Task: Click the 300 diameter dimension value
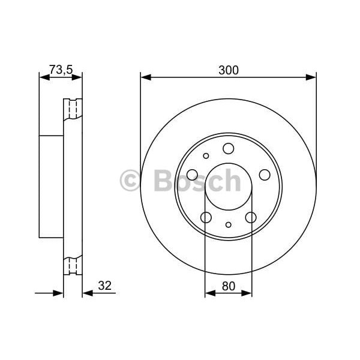coord(229,70)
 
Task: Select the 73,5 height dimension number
coord(61,70)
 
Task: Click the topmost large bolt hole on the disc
coord(228,148)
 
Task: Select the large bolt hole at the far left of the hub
coord(193,175)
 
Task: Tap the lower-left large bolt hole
coord(206,217)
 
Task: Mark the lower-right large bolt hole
coord(251,217)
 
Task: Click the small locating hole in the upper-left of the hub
coord(206,156)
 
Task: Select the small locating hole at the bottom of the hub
coord(229,225)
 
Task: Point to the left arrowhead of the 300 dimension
coord(144,77)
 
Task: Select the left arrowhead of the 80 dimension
coord(209,293)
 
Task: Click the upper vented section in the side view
coord(73,109)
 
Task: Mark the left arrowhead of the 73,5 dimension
coord(43,77)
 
